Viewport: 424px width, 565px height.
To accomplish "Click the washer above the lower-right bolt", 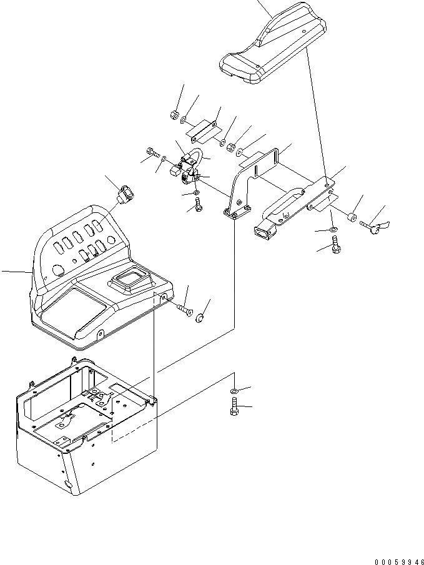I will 233,391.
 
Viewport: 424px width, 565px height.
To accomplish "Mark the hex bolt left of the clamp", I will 152,151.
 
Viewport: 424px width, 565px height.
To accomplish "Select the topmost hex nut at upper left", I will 174,114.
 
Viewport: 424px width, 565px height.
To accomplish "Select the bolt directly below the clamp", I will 198,207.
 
